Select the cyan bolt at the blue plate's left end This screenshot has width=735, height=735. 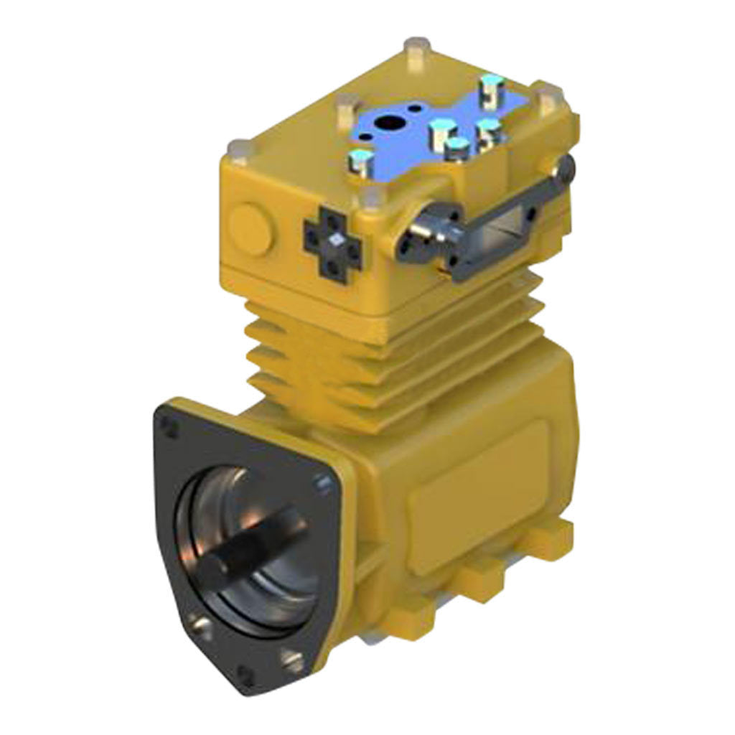[x=360, y=159]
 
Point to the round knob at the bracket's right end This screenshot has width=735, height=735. [x=569, y=167]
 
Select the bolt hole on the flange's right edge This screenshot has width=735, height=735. [x=320, y=487]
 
